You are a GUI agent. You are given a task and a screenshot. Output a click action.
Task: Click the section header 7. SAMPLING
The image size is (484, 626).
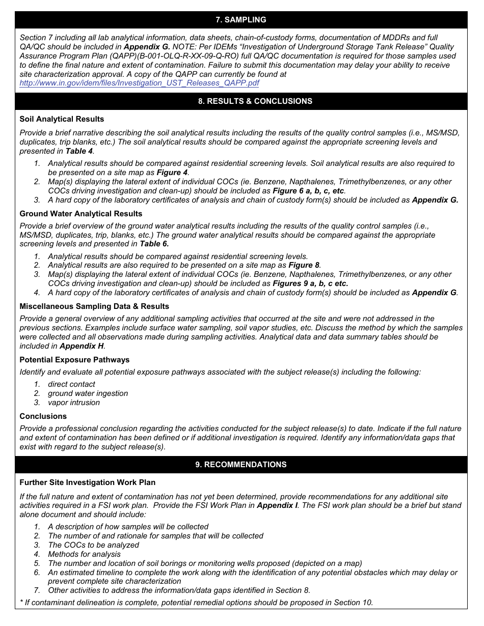point(241,20)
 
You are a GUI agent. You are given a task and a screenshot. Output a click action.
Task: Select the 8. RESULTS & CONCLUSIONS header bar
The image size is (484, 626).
point(241,101)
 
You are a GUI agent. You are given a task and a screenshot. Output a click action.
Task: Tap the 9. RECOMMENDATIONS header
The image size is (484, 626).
point(241,465)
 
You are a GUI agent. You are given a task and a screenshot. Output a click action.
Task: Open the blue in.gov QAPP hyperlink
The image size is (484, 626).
point(139,82)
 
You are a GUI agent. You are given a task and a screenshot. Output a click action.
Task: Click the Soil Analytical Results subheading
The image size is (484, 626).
point(62,119)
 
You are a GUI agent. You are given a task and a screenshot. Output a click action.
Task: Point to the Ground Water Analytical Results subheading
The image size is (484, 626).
point(81,214)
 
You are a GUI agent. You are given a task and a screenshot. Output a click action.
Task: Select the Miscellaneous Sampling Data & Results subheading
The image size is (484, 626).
point(94,306)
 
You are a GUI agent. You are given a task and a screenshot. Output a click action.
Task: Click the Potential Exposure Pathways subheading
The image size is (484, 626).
point(74,360)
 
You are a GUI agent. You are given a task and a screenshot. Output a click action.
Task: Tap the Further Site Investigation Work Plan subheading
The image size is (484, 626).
point(88,482)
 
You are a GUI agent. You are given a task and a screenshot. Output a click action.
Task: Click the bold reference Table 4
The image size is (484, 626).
point(79,151)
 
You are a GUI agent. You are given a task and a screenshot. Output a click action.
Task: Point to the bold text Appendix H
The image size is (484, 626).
point(82,346)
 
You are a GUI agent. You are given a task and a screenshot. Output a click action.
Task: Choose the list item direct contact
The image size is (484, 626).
point(71,384)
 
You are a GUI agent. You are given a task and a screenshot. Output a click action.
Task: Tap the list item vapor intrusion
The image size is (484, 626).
point(74,403)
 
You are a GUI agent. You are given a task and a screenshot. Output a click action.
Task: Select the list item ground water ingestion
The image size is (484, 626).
point(88,393)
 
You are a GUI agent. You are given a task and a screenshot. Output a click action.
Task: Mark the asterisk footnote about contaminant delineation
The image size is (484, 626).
point(196,603)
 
